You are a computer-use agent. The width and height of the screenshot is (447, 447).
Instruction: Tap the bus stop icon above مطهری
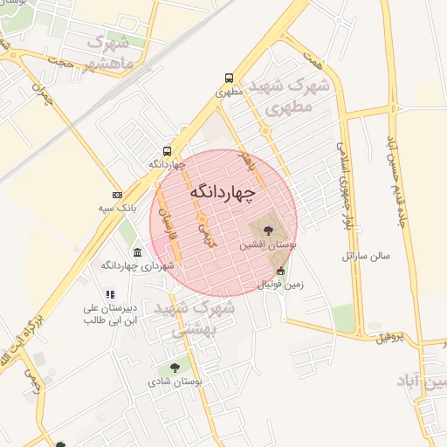point(229,77)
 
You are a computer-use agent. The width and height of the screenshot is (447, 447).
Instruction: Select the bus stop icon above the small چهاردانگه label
point(167,150)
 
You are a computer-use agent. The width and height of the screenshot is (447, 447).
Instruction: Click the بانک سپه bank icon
point(118,194)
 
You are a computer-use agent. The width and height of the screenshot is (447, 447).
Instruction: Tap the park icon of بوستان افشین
point(267,231)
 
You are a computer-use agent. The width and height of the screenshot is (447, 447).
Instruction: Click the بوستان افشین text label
point(268,246)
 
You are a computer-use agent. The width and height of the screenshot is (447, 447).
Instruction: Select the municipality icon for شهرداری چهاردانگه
point(137,253)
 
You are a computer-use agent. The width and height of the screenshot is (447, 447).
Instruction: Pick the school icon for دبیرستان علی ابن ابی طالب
point(109,295)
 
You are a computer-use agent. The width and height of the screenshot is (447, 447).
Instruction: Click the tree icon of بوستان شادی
point(175,368)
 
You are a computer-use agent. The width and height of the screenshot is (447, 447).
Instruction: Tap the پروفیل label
point(391,337)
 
